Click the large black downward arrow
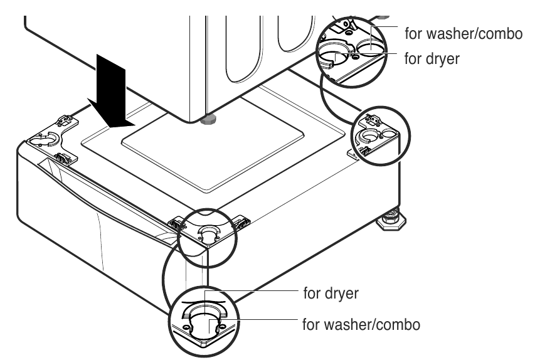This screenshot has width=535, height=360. (x=110, y=92)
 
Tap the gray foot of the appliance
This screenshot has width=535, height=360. (x=208, y=119)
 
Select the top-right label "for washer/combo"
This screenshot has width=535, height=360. (x=463, y=34)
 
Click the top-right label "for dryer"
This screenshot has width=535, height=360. (x=432, y=59)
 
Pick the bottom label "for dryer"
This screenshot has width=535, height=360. (x=331, y=293)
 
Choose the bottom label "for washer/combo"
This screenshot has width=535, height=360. (x=361, y=324)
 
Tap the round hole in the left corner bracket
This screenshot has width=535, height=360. (x=48, y=139)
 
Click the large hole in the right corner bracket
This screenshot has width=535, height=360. (x=369, y=136)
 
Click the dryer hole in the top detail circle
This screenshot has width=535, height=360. (x=333, y=56)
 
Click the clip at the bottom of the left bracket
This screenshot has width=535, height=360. (x=63, y=158)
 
